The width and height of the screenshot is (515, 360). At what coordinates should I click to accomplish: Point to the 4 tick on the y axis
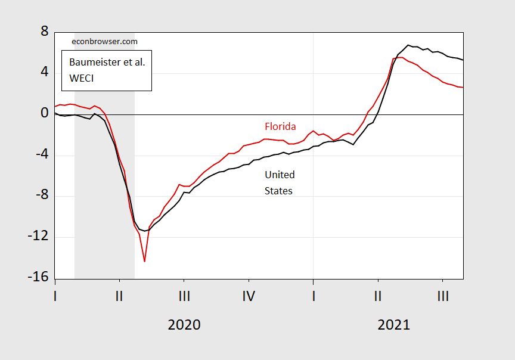(x=43, y=72)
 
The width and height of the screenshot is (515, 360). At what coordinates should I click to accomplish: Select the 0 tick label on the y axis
(x=43, y=113)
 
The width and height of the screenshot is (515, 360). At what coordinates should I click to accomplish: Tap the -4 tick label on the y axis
(x=39, y=154)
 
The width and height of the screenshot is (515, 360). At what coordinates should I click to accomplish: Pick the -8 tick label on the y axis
(x=39, y=195)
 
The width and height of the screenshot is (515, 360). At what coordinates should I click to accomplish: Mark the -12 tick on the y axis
(x=36, y=237)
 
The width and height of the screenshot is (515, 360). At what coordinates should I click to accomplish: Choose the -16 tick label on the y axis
(x=36, y=278)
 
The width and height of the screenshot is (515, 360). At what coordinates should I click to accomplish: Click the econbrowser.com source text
(x=104, y=41)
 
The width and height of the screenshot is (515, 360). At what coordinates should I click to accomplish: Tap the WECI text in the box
(x=82, y=78)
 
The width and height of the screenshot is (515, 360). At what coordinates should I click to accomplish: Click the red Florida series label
(x=280, y=126)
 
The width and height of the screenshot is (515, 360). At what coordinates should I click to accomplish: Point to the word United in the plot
(x=280, y=175)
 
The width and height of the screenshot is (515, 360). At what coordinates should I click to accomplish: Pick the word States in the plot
(x=278, y=191)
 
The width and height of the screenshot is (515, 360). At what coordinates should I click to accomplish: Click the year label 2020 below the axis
(x=184, y=325)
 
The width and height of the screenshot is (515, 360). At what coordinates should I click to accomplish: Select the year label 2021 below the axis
(x=393, y=325)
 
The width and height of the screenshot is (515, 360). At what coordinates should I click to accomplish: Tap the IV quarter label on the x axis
(x=249, y=295)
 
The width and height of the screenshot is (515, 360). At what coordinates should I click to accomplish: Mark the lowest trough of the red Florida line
(x=144, y=261)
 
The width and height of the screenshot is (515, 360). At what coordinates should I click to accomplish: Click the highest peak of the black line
(x=408, y=45)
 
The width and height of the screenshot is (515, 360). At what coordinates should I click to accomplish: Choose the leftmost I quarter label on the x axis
(x=55, y=295)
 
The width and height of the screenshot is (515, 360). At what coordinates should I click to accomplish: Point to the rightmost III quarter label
(x=442, y=295)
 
